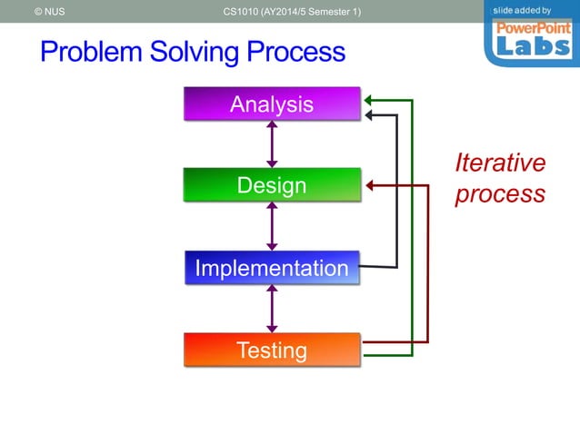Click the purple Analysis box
click(271, 104)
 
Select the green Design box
click(271, 185)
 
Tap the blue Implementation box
click(271, 268)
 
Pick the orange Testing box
click(271, 350)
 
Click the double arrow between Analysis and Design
click(271, 144)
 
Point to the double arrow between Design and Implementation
click(271, 226)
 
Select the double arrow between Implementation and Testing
click(271, 309)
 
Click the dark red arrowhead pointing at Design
click(371, 186)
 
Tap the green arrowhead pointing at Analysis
click(369, 100)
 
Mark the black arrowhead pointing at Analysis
click(369, 115)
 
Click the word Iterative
click(500, 163)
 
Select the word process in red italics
click(500, 194)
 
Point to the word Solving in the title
click(196, 52)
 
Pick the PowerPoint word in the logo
click(532, 27)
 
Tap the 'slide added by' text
click(522, 10)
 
